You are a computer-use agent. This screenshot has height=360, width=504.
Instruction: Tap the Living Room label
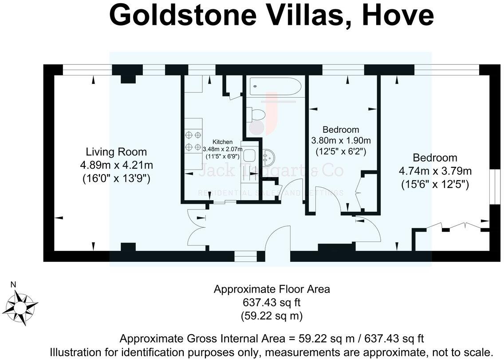(x=116, y=152)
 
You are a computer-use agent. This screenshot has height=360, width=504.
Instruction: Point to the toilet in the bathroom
(x=257, y=114)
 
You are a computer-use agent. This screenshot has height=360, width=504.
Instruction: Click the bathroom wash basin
(x=268, y=156)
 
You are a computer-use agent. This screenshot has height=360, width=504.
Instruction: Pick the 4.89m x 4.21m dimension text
(x=116, y=166)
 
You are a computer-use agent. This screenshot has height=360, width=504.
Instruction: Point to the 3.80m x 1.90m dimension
(x=341, y=141)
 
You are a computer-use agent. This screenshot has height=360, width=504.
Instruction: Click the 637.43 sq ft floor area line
(x=272, y=303)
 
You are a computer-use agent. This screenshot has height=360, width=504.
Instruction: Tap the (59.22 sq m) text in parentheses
(x=272, y=316)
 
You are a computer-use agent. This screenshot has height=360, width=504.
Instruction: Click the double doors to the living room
(x=195, y=227)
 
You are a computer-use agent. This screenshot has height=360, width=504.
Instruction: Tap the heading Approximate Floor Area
(x=272, y=289)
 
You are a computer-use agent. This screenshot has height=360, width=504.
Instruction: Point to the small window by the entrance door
(x=245, y=257)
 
